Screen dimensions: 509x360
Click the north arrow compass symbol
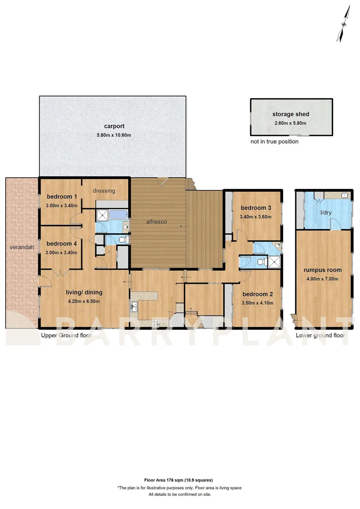pos(344,24)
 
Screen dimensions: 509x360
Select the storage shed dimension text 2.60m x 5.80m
pos(290,123)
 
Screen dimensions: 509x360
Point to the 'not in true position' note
pos(274,141)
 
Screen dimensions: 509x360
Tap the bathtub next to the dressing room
pos(119,214)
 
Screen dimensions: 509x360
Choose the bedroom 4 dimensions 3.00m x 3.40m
pos(61,252)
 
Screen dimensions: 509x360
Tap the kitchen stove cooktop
pos(156,323)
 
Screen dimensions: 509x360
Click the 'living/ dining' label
pos(85,292)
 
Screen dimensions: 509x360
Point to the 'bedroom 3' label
pos(255,208)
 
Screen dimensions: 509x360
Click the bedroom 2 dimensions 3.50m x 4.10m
pos(256,303)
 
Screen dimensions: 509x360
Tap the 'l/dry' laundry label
pos(325,213)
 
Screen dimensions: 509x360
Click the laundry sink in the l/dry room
pos(345,195)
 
